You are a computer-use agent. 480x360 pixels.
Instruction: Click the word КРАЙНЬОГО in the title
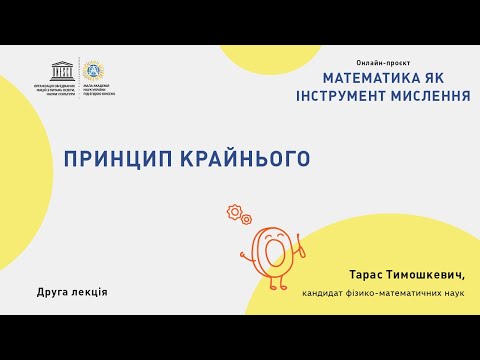[x=248, y=159]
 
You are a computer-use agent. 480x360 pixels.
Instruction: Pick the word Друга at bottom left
[x=52, y=292]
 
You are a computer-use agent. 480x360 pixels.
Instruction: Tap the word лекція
[x=89, y=292]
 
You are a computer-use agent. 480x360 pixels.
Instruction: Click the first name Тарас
[x=369, y=274]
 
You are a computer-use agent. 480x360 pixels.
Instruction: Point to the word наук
[x=453, y=292]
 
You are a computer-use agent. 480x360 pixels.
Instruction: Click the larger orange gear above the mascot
[x=235, y=212]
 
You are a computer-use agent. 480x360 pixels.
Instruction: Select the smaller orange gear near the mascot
[x=246, y=219]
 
